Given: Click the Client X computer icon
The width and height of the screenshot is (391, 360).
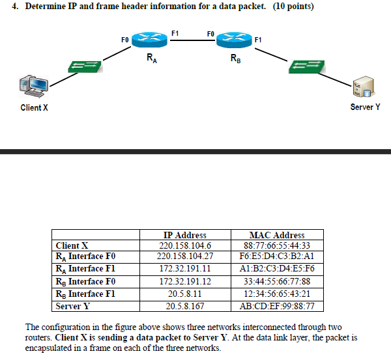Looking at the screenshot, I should coord(33,87).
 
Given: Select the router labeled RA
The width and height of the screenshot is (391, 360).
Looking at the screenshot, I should coord(150,40).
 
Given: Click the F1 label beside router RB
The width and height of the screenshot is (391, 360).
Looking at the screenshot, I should coord(259,40).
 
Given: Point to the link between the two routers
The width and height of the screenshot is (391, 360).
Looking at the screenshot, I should coord(192,40).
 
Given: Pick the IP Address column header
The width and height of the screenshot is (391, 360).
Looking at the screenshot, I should coord(186,235).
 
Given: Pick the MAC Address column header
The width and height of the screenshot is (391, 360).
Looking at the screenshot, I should coord(277,235).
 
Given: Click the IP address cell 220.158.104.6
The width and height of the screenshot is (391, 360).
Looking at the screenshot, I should coord(186,246).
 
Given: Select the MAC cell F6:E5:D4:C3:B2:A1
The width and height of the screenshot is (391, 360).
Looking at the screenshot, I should coord(277,257).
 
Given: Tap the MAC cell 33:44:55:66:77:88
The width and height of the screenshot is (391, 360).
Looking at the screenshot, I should coord(277,281).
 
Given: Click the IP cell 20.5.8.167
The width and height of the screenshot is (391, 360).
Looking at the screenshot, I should coord(186,305).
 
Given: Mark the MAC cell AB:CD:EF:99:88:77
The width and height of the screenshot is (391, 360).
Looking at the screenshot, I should coord(277,305).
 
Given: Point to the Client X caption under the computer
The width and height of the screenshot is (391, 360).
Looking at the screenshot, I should coord(34,107).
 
